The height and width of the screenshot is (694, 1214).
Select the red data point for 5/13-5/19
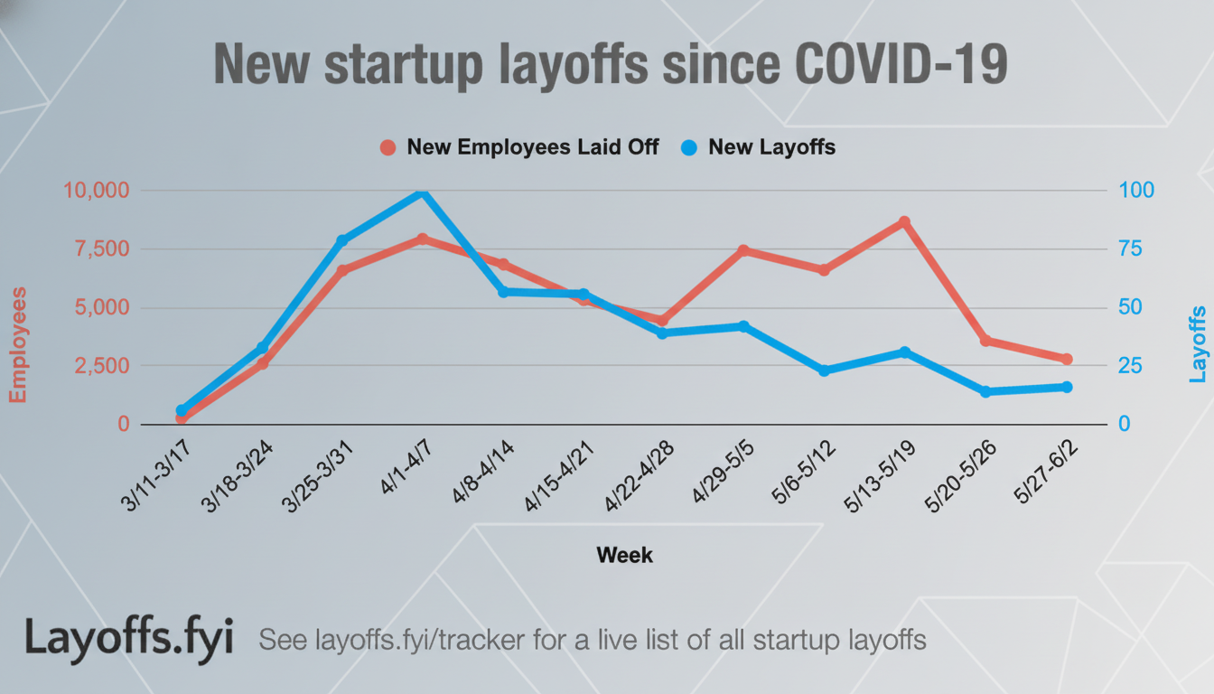pyautogui.click(x=904, y=222)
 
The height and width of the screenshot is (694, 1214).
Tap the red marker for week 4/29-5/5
pyautogui.click(x=743, y=250)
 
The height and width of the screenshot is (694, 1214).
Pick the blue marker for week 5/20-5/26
pyautogui.click(x=985, y=391)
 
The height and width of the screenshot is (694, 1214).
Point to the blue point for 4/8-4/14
pyautogui.click(x=503, y=292)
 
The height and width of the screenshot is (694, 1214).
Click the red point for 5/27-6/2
pyautogui.click(x=1066, y=359)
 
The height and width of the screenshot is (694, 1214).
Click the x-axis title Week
pyautogui.click(x=624, y=555)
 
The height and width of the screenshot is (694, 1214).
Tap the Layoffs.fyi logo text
pyautogui.click(x=128, y=638)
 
